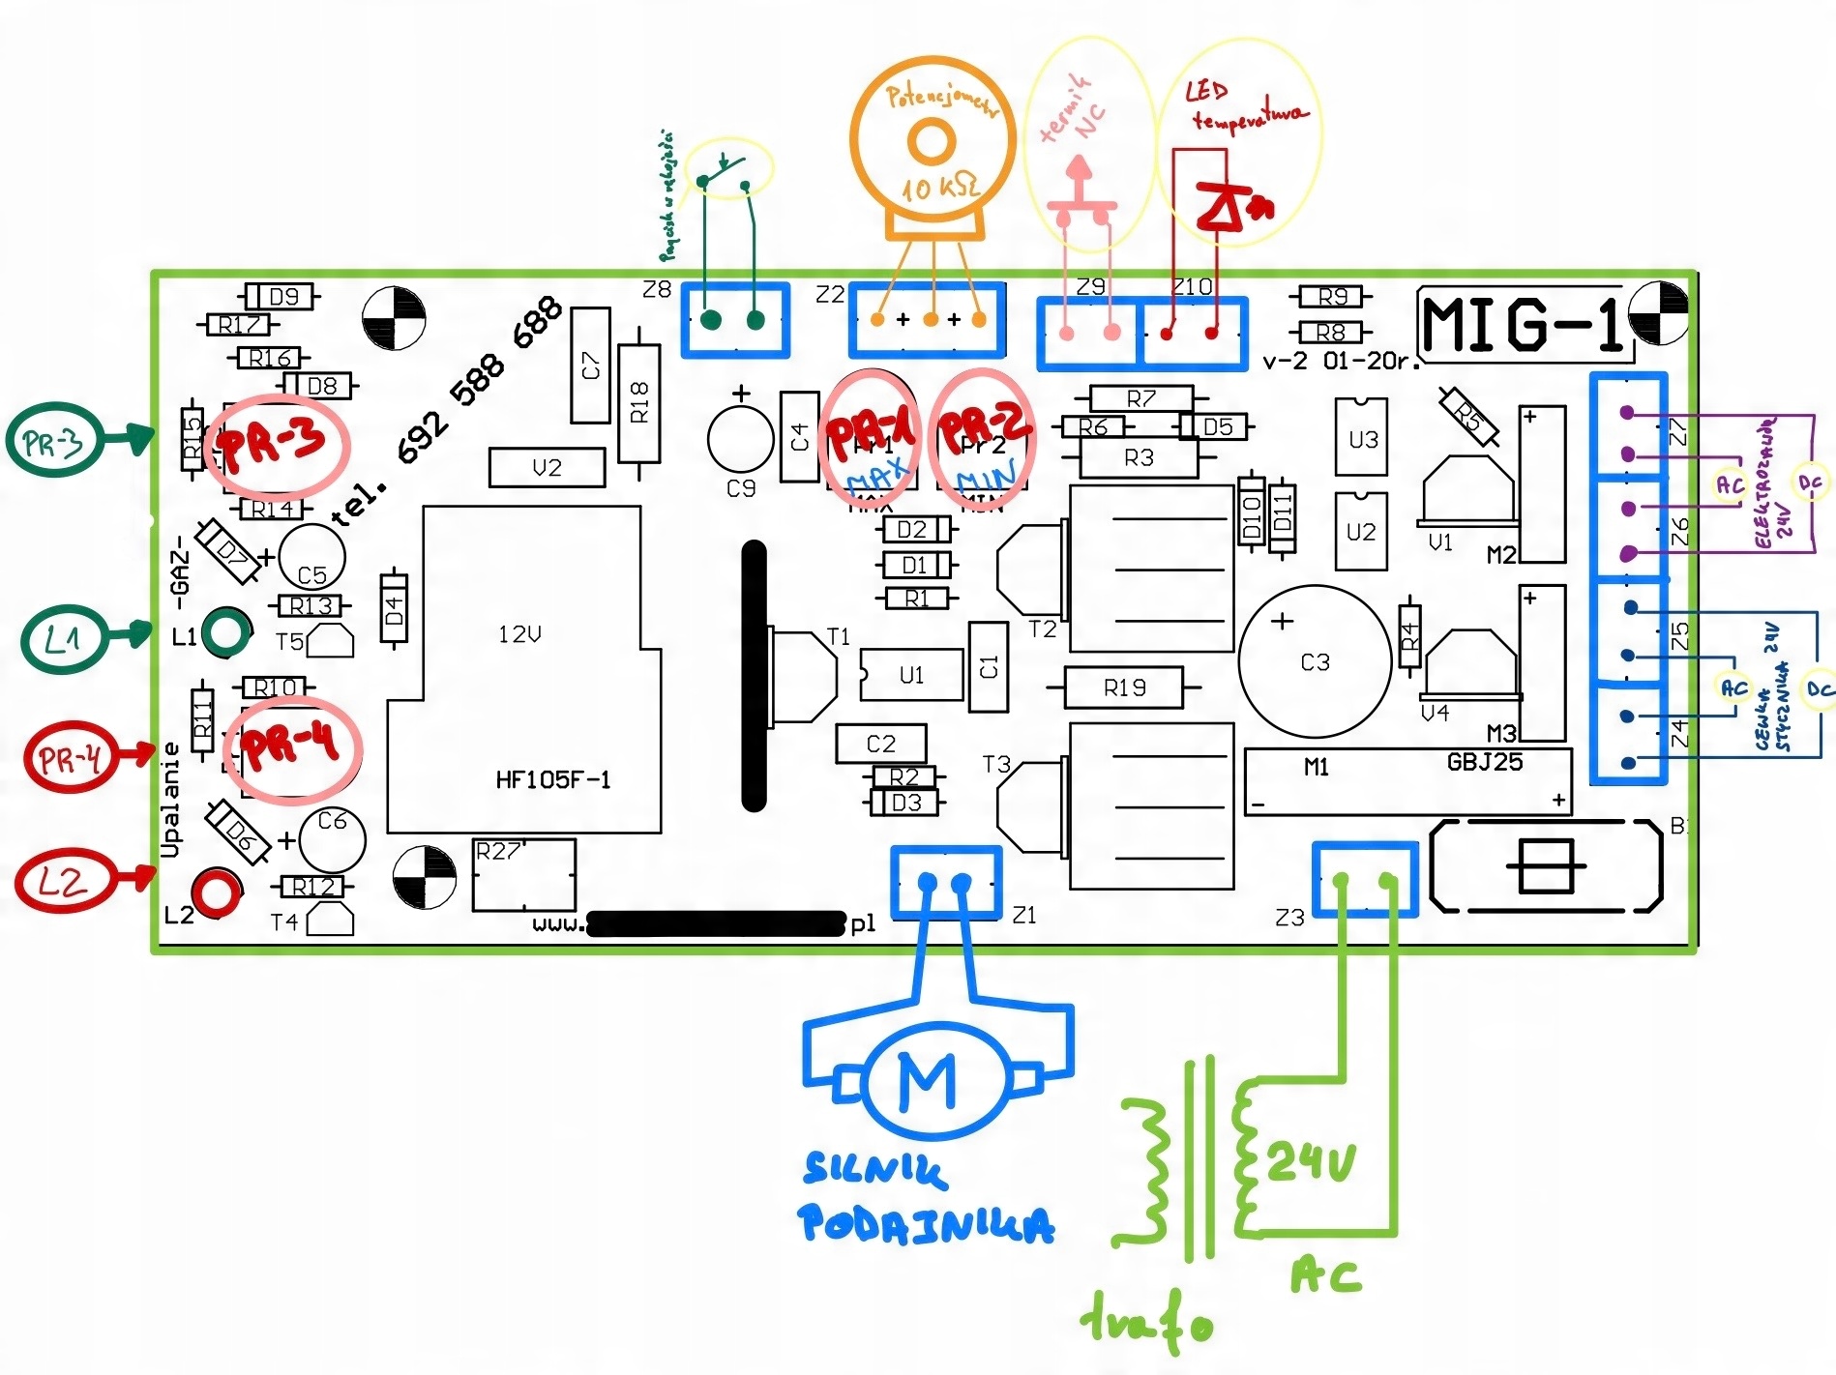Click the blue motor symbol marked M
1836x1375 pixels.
pyautogui.click(x=927, y=1080)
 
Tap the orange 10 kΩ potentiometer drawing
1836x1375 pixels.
pyautogui.click(x=933, y=145)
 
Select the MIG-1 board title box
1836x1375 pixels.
pyautogui.click(x=1525, y=322)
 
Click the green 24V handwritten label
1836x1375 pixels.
pyautogui.click(x=1311, y=1160)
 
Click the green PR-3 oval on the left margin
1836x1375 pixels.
pyautogui.click(x=54, y=442)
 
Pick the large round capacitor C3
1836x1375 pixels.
pyautogui.click(x=1315, y=662)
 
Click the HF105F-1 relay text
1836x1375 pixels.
pyautogui.click(x=552, y=779)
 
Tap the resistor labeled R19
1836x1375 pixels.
pyautogui.click(x=1123, y=687)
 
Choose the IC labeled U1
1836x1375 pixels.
pyautogui.click(x=910, y=674)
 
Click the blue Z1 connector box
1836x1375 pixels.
pyautogui.click(x=945, y=882)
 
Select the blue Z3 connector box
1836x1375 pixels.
pyautogui.click(x=1365, y=879)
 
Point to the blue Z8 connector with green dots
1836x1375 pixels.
pyautogui.click(x=735, y=320)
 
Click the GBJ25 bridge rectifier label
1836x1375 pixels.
pyautogui.click(x=1484, y=762)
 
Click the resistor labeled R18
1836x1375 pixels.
pyautogui.click(x=639, y=402)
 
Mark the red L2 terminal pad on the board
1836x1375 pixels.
pyautogui.click(x=215, y=891)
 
